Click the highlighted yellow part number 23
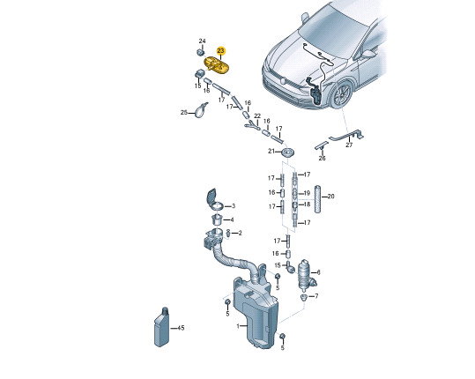[x=221, y=50]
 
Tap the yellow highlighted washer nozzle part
[x=217, y=66]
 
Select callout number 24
[x=202, y=41]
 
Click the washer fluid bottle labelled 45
[x=162, y=327]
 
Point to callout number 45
[x=181, y=328]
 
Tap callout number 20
[x=330, y=197]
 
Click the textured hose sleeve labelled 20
[x=317, y=198]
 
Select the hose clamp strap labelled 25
[x=201, y=110]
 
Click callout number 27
[x=349, y=145]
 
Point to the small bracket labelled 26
[x=322, y=145]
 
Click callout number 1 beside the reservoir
[x=238, y=326]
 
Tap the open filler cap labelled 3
[x=215, y=200]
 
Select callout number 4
[x=232, y=219]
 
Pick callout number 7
[x=316, y=295]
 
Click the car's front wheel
[x=342, y=94]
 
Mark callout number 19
[x=307, y=193]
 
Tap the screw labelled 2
[x=229, y=234]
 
